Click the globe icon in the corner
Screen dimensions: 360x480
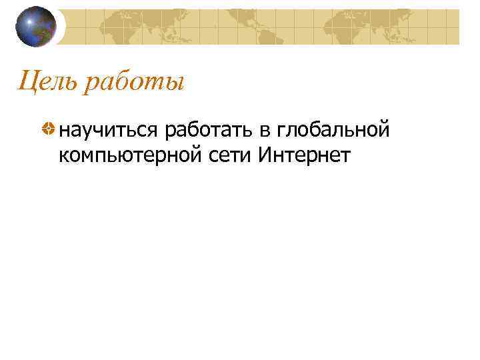point(36,27)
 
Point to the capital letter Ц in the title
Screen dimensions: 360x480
point(26,83)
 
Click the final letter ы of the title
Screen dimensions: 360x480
point(175,85)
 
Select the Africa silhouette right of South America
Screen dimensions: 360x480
point(340,30)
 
